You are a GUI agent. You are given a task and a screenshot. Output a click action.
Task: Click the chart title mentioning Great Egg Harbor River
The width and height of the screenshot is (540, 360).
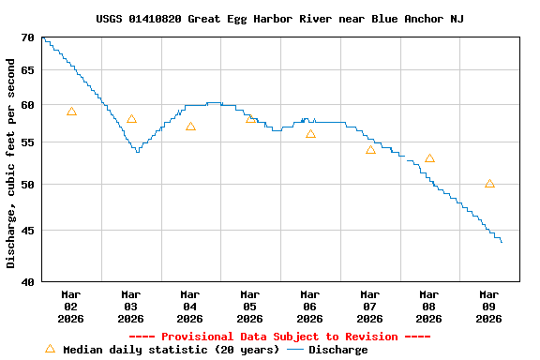click(x=279, y=19)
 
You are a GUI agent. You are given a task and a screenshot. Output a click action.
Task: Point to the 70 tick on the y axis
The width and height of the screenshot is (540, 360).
click(x=27, y=37)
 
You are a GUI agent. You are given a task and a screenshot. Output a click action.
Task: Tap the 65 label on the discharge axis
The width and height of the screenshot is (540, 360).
click(x=27, y=70)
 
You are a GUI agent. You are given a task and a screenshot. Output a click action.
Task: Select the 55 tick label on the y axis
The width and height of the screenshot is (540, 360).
click(x=27, y=143)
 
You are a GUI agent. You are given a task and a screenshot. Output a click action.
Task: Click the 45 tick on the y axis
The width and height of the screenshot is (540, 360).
click(x=27, y=231)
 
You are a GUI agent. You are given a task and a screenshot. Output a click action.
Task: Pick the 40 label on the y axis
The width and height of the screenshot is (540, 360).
click(x=27, y=281)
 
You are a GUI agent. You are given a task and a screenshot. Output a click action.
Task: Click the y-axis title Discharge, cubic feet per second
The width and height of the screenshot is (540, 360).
click(x=10, y=163)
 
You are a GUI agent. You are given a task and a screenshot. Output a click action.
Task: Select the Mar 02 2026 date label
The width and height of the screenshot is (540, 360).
click(x=70, y=306)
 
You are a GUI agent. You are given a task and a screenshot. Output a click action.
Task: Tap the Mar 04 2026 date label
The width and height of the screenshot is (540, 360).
click(x=190, y=306)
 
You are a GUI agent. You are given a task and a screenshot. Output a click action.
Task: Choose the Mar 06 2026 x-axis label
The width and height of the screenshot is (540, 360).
click(x=310, y=306)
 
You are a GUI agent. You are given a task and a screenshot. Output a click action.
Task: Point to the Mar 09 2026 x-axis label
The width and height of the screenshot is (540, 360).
click(x=489, y=306)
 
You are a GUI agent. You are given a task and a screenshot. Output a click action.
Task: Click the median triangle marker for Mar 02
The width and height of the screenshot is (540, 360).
click(x=71, y=112)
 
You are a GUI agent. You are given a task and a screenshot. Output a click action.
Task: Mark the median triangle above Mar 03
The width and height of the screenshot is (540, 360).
click(x=131, y=119)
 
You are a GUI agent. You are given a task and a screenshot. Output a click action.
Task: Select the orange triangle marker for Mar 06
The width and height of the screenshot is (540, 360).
click(x=310, y=134)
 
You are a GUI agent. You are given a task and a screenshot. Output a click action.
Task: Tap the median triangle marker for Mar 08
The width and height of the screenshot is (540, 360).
click(x=429, y=158)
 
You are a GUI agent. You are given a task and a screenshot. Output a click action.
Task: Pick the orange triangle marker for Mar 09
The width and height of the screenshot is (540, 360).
click(x=489, y=184)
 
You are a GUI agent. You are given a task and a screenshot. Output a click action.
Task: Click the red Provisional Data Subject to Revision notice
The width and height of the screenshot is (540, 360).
click(x=279, y=337)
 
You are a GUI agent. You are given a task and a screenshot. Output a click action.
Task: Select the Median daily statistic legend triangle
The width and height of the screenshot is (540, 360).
click(x=50, y=349)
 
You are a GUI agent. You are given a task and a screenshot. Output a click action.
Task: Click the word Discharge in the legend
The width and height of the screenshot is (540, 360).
click(x=338, y=350)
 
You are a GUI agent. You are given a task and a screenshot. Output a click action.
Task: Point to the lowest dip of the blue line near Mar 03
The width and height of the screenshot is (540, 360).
click(x=138, y=151)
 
